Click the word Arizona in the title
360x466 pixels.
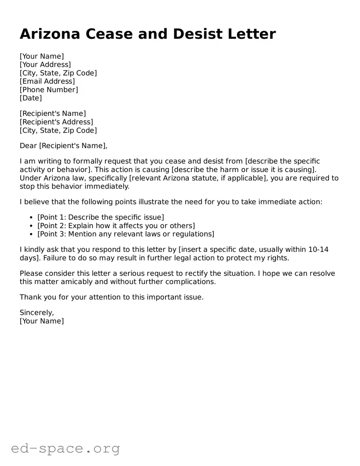tap(50, 34)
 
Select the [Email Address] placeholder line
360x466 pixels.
tap(47, 81)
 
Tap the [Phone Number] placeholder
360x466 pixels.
tap(49, 90)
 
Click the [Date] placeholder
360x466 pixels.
tap(31, 98)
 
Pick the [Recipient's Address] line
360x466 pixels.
tap(57, 122)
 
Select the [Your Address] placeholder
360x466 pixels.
tap(45, 65)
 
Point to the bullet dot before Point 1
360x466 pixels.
tap(31, 218)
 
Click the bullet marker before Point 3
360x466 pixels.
tap(31, 234)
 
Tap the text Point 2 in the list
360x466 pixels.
tap(52, 226)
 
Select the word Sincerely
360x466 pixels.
tap(37, 313)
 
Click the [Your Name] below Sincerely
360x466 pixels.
tap(42, 321)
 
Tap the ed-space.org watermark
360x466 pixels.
tap(65, 448)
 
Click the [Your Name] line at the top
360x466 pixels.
tap(42, 56)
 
